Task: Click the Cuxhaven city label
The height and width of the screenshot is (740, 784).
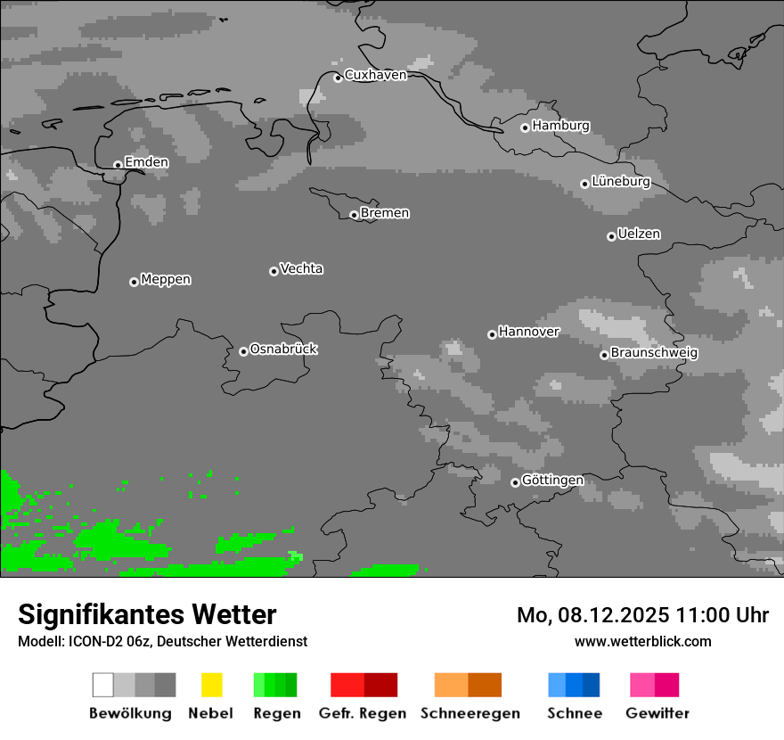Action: pyautogui.click(x=375, y=75)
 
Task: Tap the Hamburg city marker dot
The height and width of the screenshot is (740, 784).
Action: pyautogui.click(x=525, y=127)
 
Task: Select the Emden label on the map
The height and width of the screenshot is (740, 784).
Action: pyautogui.click(x=146, y=162)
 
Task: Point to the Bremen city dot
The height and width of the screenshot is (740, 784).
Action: pyautogui.click(x=354, y=215)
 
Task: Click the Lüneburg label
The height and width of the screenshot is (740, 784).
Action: pyautogui.click(x=621, y=182)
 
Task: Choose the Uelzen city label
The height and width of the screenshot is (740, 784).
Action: pyautogui.click(x=639, y=234)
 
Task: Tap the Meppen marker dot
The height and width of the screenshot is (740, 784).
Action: pyautogui.click(x=134, y=282)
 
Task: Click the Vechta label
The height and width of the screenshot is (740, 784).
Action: pyautogui.click(x=301, y=268)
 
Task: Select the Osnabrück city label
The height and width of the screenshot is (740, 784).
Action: pyautogui.click(x=283, y=349)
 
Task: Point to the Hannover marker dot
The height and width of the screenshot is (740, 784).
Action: pyautogui.click(x=492, y=334)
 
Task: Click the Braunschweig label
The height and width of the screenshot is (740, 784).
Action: pyautogui.click(x=654, y=353)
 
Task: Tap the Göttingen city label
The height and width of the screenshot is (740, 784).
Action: pyautogui.click(x=552, y=481)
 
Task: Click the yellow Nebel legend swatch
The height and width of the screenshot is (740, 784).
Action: pyautogui.click(x=211, y=685)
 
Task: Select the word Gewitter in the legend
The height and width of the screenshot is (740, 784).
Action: pyautogui.click(x=657, y=713)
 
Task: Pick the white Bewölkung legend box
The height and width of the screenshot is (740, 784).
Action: pyautogui.click(x=103, y=685)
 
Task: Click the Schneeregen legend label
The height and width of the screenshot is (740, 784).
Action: pyautogui.click(x=470, y=713)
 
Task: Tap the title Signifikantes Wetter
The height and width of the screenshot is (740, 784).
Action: pyautogui.click(x=147, y=614)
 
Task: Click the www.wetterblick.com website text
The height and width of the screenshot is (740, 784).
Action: pyautogui.click(x=642, y=641)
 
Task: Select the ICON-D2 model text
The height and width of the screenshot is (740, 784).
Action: pyautogui.click(x=91, y=641)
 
